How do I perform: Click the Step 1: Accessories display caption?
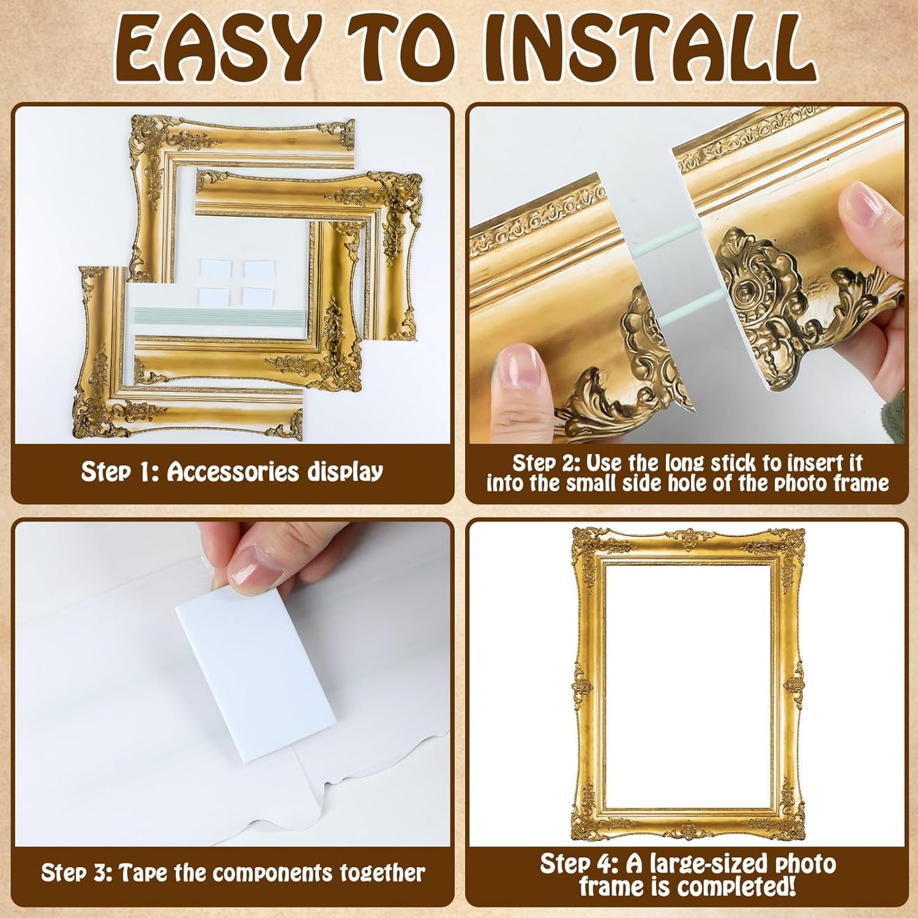click(232, 472)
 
